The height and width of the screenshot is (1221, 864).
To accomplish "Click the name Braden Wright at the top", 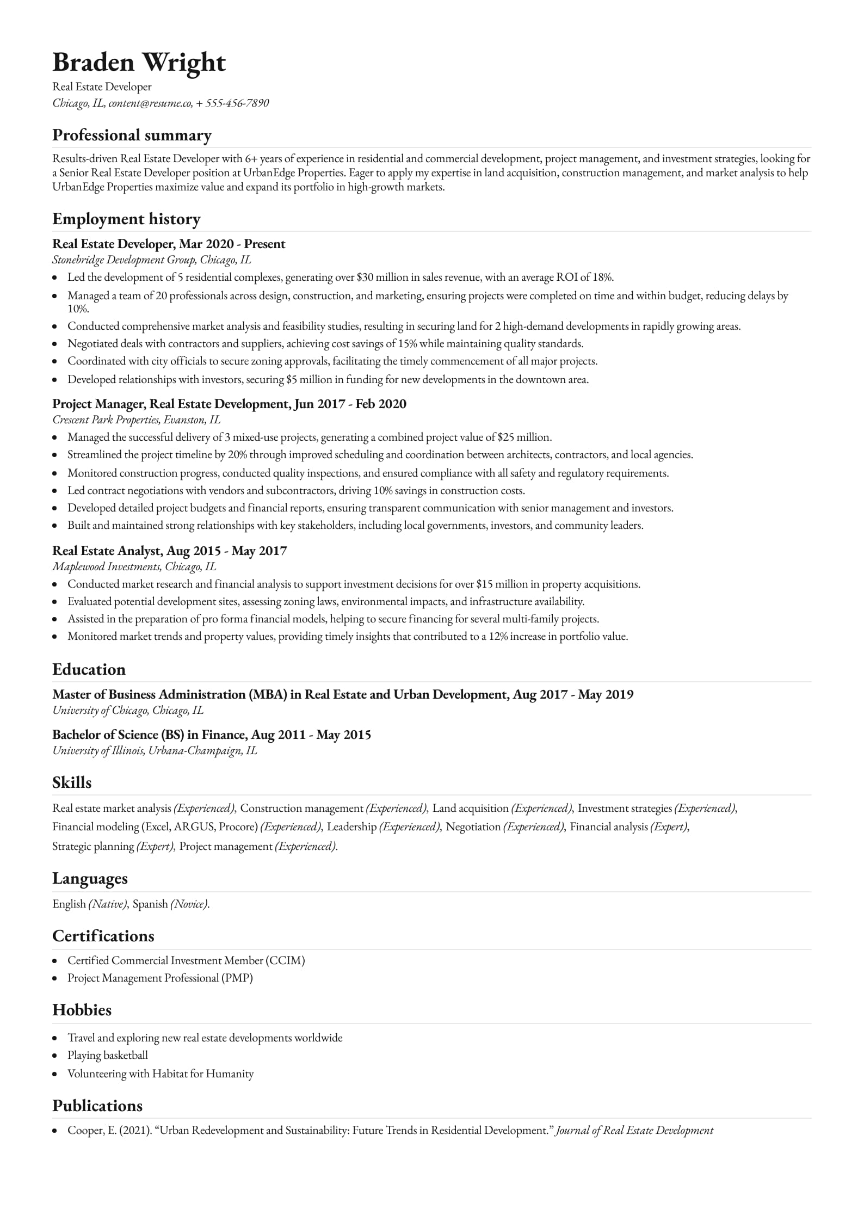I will [x=139, y=63].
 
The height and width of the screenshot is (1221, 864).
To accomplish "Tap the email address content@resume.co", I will [x=150, y=103].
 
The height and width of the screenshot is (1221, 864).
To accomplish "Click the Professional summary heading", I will [x=132, y=135].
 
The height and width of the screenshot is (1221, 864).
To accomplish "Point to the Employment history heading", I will [x=126, y=219].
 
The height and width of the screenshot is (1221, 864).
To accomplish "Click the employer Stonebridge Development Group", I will [x=124, y=260].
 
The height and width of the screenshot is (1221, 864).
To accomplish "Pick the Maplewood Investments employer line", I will [x=106, y=566].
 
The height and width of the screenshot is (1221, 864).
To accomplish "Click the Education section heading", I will [x=89, y=669].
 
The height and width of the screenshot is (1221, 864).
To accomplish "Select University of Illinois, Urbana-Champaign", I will [x=155, y=750].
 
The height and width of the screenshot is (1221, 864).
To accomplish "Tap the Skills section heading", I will [x=72, y=782].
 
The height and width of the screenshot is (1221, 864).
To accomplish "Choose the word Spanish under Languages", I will [x=150, y=904].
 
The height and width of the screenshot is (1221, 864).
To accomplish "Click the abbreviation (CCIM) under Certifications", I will [x=285, y=960].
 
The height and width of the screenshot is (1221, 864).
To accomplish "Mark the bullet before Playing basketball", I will [x=55, y=1056].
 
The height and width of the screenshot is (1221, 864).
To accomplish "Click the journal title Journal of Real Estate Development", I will [x=634, y=1130].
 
